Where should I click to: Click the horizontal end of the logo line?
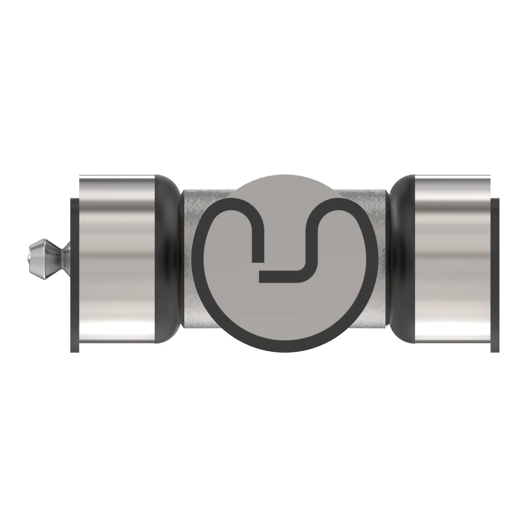coord(262,277)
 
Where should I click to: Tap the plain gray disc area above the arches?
coord(284,188)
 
